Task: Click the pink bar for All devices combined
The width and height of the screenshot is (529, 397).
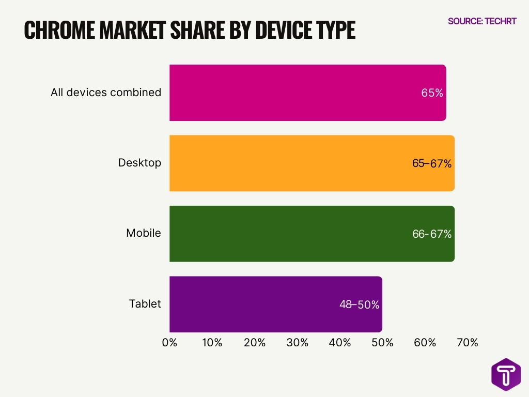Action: click(x=289, y=93)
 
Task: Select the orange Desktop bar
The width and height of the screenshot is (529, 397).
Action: click(x=289, y=163)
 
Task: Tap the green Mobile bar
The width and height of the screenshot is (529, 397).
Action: click(x=289, y=234)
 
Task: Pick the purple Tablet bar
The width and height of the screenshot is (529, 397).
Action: click(x=258, y=304)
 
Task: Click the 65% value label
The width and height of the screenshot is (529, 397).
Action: click(x=432, y=94)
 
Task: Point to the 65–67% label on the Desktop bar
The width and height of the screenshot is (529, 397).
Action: click(x=431, y=164)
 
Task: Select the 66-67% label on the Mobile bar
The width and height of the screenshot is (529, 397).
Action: click(x=431, y=234)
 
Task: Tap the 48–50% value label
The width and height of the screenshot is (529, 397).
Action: click(x=359, y=305)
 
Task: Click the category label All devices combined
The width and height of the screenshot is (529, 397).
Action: click(x=106, y=93)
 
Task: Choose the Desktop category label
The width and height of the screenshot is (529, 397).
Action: click(x=139, y=163)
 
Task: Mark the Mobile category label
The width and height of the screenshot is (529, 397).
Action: click(x=144, y=233)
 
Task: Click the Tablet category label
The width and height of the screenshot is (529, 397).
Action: click(x=145, y=304)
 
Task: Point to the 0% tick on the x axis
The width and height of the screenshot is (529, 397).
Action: click(x=169, y=343)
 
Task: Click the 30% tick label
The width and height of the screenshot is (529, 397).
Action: click(x=297, y=343)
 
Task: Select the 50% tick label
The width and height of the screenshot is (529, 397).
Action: click(x=382, y=343)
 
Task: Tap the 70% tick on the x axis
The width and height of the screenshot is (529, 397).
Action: click(x=468, y=343)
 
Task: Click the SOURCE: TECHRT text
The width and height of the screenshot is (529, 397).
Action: click(x=481, y=21)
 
